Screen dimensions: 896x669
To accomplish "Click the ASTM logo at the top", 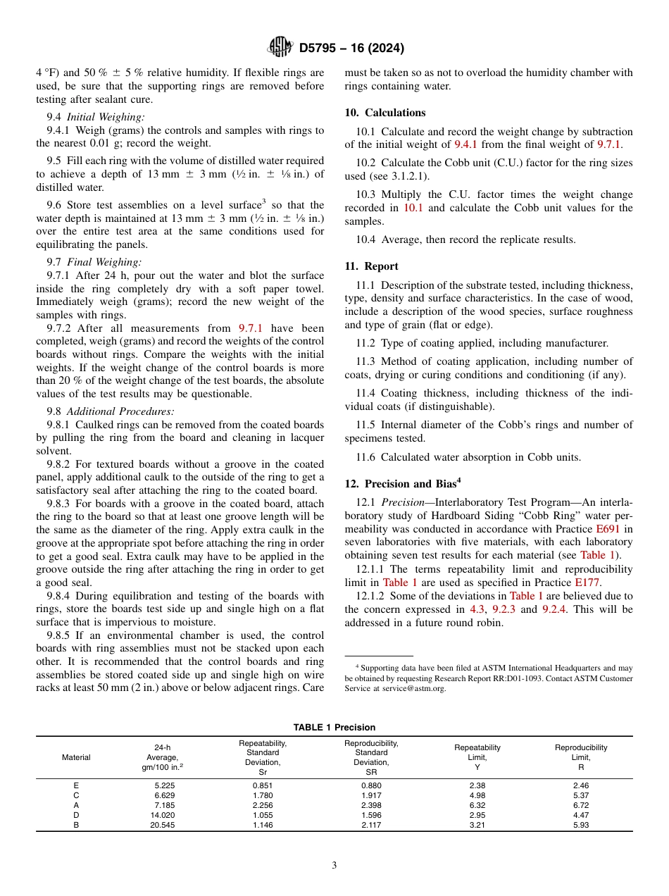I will coord(280,48).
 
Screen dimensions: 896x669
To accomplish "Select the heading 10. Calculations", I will coord(385,113).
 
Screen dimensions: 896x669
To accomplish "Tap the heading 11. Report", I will coord(371,266).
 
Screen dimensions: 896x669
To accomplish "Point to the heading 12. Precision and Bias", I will coord(402,483).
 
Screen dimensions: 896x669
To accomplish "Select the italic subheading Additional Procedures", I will coord(120,411).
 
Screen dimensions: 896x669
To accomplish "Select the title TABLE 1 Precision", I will coord(334,727).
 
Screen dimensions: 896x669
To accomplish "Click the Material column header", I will coord(76,757).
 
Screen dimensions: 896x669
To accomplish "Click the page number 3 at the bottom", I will coord(334,866).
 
